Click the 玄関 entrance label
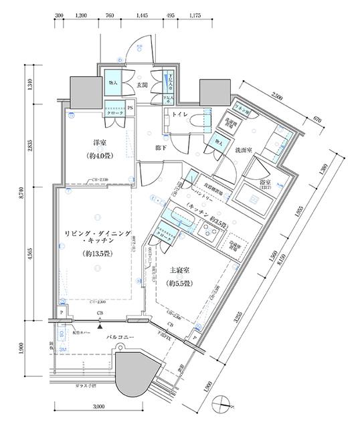(x=142, y=85)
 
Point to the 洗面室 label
(x=242, y=152)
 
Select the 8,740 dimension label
(x=26, y=191)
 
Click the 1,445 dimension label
(x=142, y=14)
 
